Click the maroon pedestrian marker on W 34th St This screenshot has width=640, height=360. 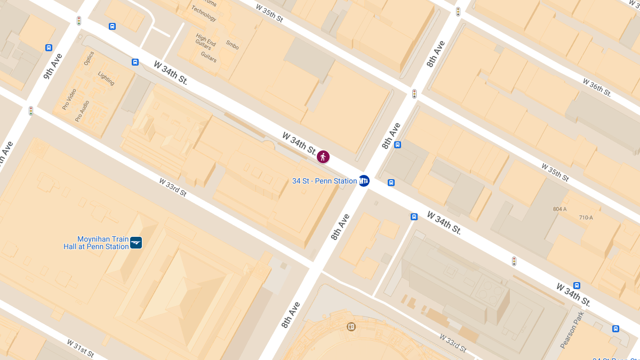click(x=323, y=157)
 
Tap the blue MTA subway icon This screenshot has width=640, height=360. click(x=364, y=181)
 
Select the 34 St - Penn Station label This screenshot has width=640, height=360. click(x=324, y=181)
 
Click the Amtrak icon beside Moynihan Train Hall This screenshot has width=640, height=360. click(x=136, y=243)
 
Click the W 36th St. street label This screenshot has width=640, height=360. click(x=597, y=87)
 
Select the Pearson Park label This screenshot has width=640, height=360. click(x=572, y=330)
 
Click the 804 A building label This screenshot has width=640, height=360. click(x=560, y=209)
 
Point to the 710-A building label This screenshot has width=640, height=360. click(x=586, y=218)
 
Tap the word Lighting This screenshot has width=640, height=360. click(x=106, y=78)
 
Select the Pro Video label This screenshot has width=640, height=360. click(x=69, y=99)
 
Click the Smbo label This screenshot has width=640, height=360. click(x=232, y=45)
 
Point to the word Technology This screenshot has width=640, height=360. click(x=204, y=13)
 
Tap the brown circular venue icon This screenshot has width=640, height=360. click(x=351, y=326)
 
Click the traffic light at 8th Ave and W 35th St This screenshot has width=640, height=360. click(x=414, y=94)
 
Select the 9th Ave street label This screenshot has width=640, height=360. click(x=53, y=66)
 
